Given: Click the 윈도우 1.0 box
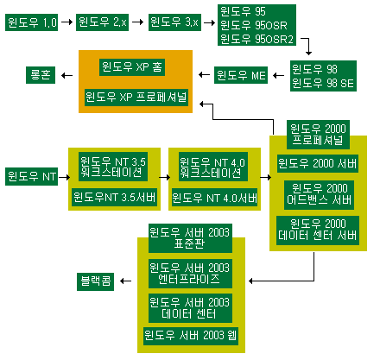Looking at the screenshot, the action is pyautogui.click(x=31, y=22).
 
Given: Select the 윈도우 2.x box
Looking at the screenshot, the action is pyautogui.click(x=102, y=22).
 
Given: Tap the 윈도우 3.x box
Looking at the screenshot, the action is pyautogui.click(x=174, y=22).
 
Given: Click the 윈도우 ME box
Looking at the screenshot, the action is pyautogui.click(x=241, y=75).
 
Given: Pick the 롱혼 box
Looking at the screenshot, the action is pyautogui.click(x=41, y=75).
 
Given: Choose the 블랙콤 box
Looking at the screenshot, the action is pyautogui.click(x=95, y=281).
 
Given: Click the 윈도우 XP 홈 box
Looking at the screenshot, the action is pyautogui.click(x=132, y=67).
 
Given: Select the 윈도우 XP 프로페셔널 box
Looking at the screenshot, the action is pyautogui.click(x=136, y=98).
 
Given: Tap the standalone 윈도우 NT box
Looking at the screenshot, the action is pyautogui.click(x=31, y=176).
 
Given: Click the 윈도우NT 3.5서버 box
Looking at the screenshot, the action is pyautogui.click(x=114, y=198).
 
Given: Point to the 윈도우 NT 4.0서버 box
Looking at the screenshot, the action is pyautogui.click(x=214, y=198).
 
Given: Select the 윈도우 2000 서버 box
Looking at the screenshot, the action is pyautogui.click(x=318, y=163).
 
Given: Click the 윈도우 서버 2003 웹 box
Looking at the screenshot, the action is pyautogui.click(x=191, y=336).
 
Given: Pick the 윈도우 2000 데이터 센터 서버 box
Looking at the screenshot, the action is pyautogui.click(x=318, y=231).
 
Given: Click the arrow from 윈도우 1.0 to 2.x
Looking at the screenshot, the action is pyautogui.click(x=66, y=22).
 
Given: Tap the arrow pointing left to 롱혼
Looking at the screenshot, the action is pyautogui.click(x=66, y=75).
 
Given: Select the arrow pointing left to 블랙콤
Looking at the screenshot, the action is pyautogui.click(x=125, y=281).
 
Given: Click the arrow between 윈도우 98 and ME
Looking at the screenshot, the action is pyautogui.click(x=278, y=75).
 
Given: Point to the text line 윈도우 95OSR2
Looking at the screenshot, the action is pyautogui.click(x=256, y=39).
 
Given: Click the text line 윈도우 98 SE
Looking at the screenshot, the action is pyautogui.click(x=323, y=83).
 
